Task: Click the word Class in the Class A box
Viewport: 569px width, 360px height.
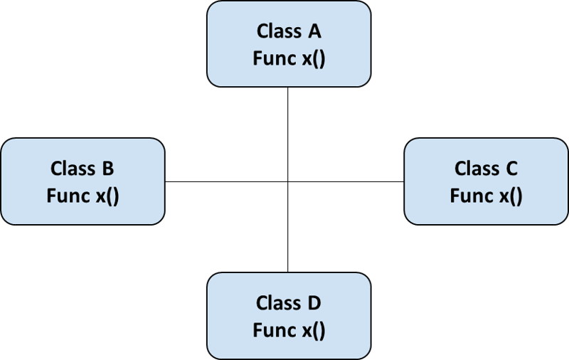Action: coord(278,32)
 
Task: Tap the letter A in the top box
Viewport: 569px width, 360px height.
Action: coord(314,32)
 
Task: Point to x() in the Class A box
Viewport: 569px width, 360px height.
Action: coord(312,59)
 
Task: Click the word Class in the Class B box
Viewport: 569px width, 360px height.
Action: coord(73,169)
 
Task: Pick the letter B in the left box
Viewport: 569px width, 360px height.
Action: coord(108,169)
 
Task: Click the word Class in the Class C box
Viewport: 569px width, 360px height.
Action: coord(477,169)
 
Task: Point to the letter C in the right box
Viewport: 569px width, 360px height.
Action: coord(511,169)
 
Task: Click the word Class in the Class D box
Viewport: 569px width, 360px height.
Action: coord(278,304)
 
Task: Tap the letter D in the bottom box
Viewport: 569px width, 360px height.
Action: coord(314,304)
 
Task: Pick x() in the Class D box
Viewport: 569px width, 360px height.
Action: coord(312,331)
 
